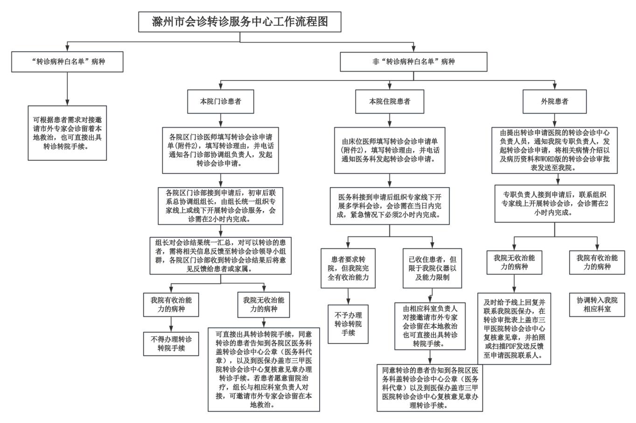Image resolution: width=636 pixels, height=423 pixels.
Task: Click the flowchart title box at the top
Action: pos(240,22)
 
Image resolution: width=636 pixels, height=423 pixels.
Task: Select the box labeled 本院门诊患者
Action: pos(221,101)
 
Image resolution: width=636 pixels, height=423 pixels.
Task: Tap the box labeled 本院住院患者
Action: pos(390,101)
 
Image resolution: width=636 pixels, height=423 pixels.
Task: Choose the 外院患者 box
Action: pos(554,101)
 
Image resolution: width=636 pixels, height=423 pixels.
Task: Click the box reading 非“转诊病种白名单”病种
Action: pos(414,62)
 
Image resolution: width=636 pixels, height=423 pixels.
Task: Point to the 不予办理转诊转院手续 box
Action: pos(348,324)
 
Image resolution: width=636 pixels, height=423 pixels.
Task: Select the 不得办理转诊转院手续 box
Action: pos(171,344)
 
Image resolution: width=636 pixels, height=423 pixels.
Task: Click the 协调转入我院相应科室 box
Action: pos(597,304)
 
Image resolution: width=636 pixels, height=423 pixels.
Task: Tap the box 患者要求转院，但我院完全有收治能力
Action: pos(348,268)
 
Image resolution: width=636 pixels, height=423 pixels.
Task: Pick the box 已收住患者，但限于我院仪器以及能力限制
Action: pos(432,268)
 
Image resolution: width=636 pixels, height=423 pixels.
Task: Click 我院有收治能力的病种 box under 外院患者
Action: pos(597,262)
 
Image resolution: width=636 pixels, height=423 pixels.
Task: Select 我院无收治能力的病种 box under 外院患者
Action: pos(514,262)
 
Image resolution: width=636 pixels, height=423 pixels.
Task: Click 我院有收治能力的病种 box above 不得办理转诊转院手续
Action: pos(171,304)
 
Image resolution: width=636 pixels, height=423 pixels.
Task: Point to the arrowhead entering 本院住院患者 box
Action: pos(390,86)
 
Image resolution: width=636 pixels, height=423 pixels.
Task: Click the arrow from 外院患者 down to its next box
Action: pos(554,120)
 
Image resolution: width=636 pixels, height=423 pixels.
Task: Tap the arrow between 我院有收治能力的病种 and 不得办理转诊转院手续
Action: pos(171,324)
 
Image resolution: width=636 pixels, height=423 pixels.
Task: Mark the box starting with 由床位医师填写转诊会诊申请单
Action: pos(390,150)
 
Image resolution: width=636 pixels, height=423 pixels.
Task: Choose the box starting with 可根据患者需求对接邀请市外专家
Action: pos(67,133)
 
